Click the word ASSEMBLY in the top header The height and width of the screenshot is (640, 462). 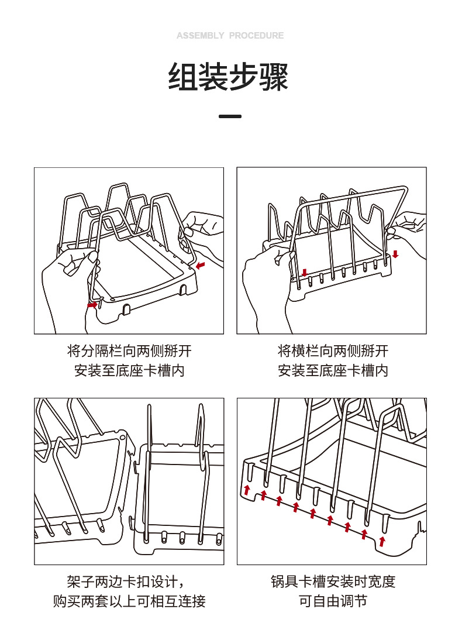(200, 36)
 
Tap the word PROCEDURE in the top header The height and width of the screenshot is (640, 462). (256, 36)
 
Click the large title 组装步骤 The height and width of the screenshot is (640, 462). (229, 78)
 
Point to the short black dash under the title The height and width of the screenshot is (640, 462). (230, 116)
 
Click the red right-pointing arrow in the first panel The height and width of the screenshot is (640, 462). (92, 305)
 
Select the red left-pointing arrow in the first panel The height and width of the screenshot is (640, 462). (201, 267)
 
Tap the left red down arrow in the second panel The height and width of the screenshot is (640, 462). (304, 273)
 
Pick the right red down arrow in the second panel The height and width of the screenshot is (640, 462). (396, 254)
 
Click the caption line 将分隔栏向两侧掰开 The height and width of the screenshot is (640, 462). (129, 351)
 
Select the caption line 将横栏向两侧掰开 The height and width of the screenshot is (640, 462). (333, 351)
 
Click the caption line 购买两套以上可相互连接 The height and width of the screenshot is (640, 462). (129, 601)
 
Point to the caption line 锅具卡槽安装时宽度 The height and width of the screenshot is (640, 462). (333, 581)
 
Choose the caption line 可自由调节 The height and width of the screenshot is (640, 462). (333, 601)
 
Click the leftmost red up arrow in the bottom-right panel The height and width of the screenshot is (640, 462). (247, 489)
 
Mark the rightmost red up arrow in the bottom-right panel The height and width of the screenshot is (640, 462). (382, 541)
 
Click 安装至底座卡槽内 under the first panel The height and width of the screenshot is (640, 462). (129, 370)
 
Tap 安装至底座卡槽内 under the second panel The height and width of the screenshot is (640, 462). (333, 370)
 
